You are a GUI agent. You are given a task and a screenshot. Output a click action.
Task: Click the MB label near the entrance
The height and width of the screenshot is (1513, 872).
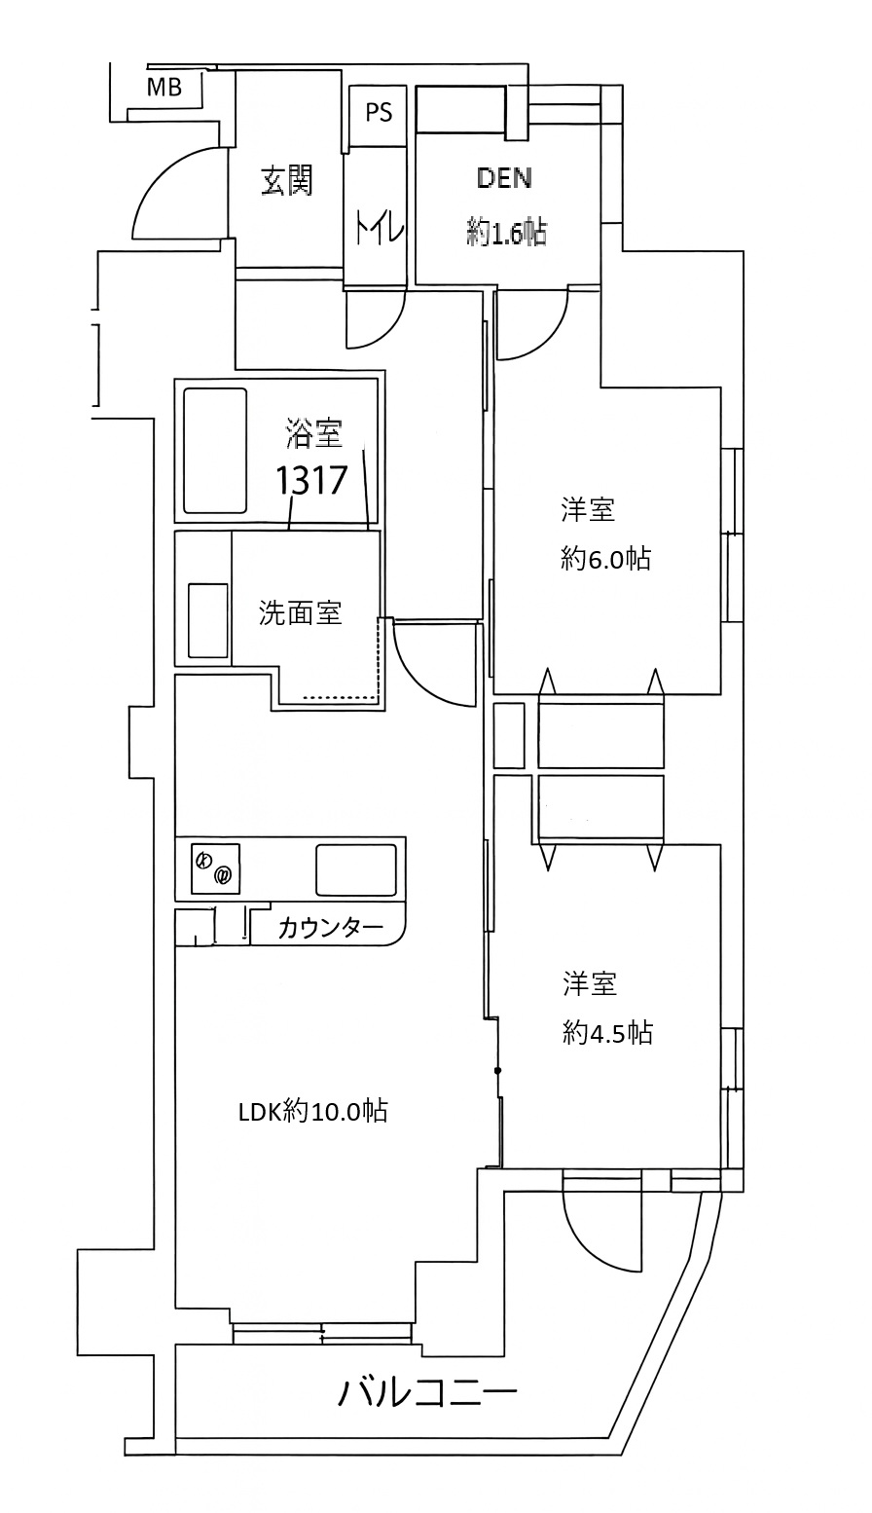[164, 87]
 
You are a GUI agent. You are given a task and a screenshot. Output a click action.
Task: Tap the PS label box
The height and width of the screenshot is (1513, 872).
[379, 112]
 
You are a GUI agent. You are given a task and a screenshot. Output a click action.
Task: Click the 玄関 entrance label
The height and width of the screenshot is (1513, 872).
[287, 181]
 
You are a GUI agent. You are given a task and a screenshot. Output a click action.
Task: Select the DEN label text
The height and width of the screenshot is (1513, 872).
[505, 177]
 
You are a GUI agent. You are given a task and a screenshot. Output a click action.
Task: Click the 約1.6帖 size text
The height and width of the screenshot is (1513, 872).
[506, 233]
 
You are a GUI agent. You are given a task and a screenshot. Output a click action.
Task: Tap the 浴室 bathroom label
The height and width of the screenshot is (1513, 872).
[313, 433]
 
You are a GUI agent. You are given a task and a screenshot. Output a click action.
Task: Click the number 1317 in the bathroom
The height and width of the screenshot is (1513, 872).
[311, 480]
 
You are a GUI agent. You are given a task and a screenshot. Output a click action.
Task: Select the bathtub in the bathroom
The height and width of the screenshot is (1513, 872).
[215, 451]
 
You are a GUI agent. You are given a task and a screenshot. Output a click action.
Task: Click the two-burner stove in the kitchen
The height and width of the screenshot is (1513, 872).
[215, 867]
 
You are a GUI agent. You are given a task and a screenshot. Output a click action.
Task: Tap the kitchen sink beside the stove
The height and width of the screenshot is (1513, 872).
[355, 868]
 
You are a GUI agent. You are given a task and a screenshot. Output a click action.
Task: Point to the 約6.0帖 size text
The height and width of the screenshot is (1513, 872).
[605, 559]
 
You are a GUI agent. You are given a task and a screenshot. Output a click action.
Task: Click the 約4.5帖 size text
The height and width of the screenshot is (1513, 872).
[607, 1033]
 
